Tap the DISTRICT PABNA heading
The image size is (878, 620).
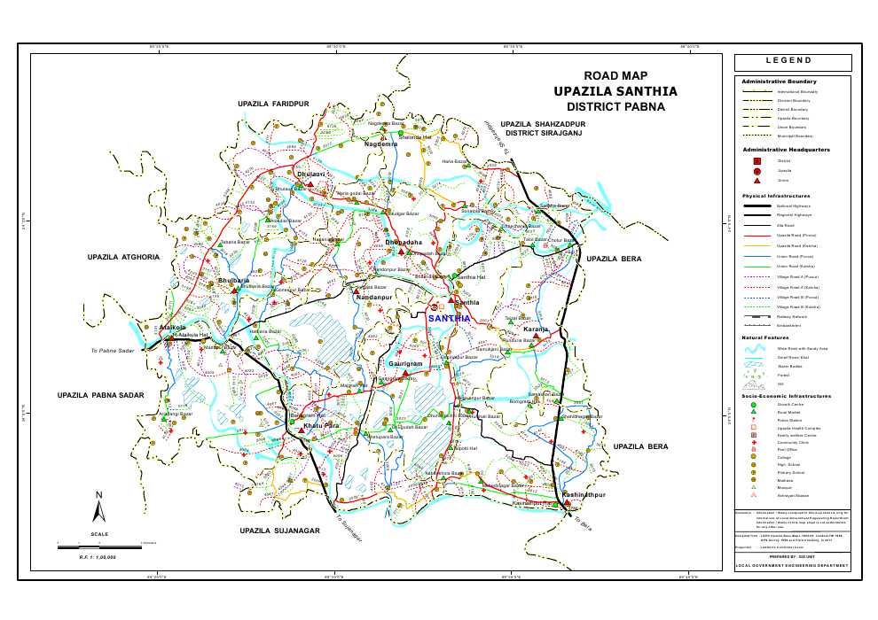pyautogui.click(x=615, y=107)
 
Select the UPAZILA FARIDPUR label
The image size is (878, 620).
pyautogui.click(x=273, y=105)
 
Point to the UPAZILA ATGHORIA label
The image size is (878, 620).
pyautogui.click(x=123, y=257)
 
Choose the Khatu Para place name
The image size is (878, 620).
pyautogui.click(x=322, y=427)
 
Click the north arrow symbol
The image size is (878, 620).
pyautogui.click(x=99, y=508)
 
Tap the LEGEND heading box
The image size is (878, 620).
pyautogui.click(x=793, y=62)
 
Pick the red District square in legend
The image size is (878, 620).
pyautogui.click(x=756, y=161)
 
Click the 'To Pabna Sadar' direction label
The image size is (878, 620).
pyautogui.click(x=112, y=352)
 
